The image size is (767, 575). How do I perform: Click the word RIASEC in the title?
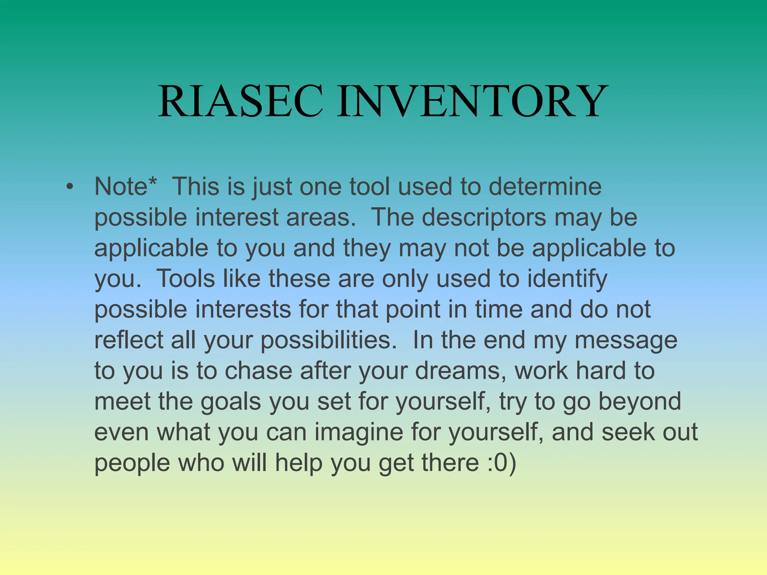240,101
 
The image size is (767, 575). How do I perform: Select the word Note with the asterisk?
125,186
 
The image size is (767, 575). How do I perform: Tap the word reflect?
128,340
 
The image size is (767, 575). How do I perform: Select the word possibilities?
328,341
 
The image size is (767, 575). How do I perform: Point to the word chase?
258,371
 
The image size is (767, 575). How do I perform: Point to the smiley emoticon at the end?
502,463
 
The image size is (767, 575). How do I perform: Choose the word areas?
320,217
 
